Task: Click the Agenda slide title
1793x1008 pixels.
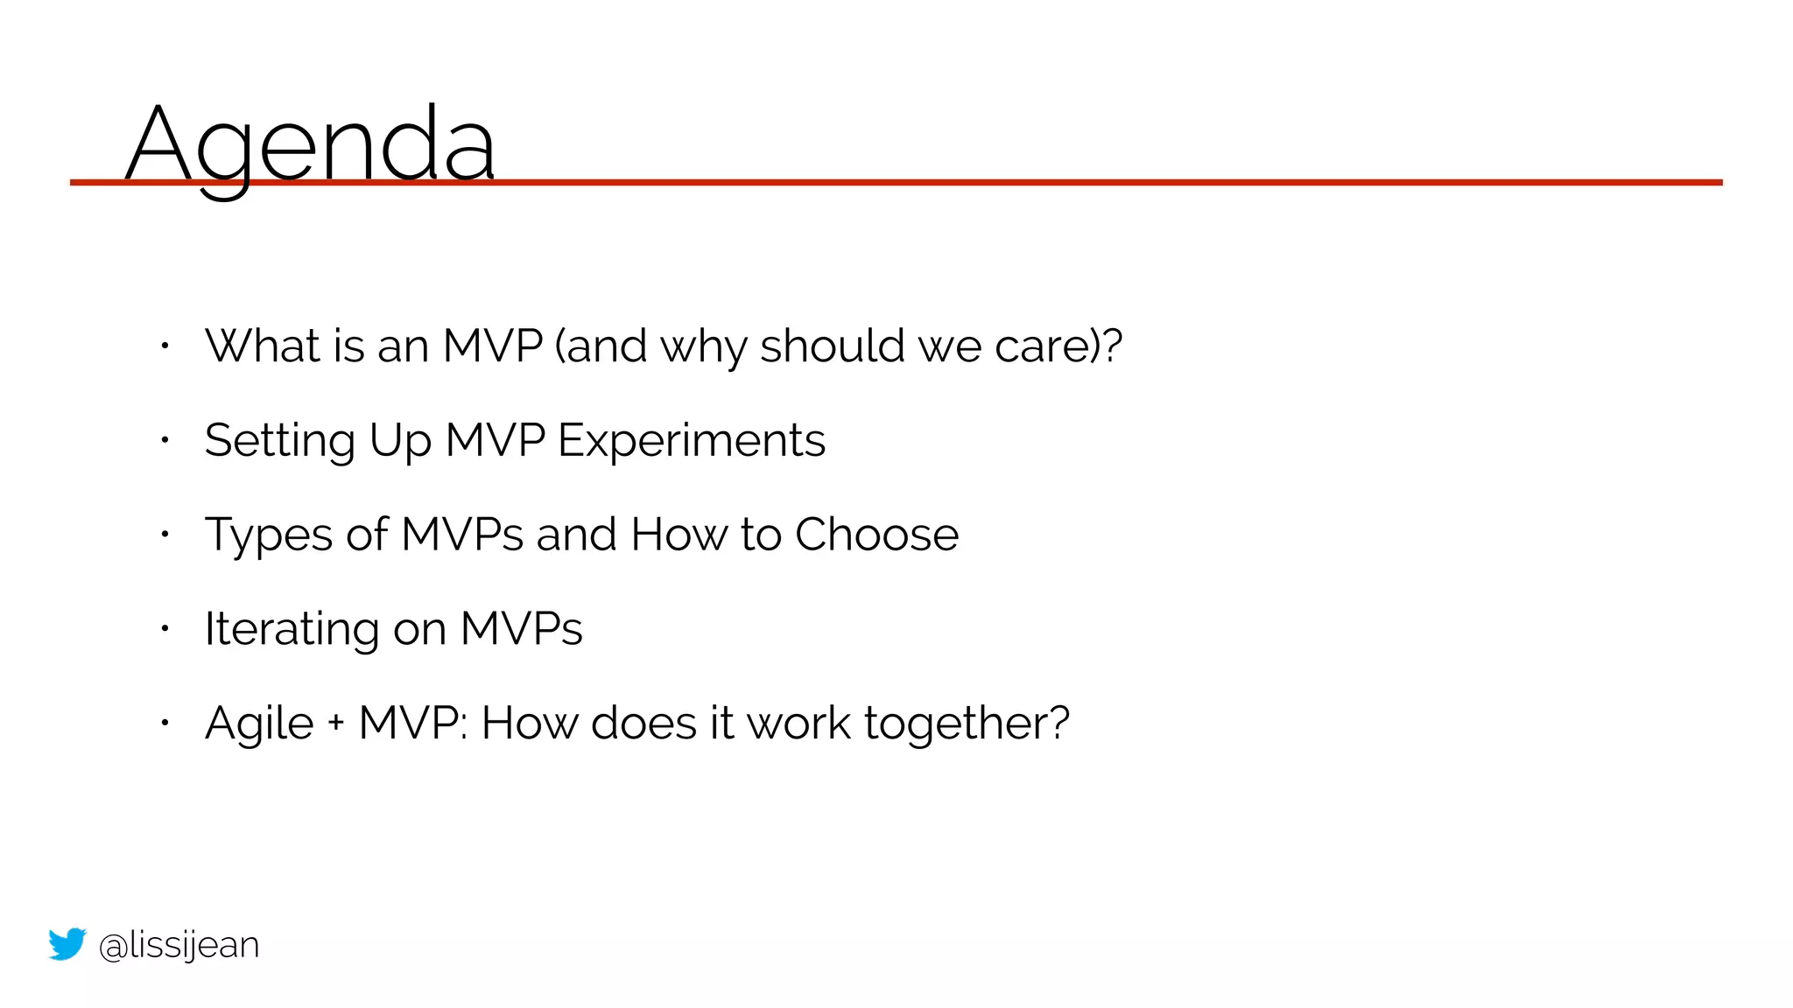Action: [x=311, y=144]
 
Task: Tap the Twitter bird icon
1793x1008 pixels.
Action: [x=67, y=944]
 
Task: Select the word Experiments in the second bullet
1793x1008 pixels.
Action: [x=692, y=440]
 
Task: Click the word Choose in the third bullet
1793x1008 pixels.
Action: [x=876, y=535]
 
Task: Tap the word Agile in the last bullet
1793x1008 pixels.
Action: [x=259, y=724]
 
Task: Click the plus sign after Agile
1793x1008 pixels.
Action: [x=336, y=724]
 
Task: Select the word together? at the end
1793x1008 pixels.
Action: [x=967, y=724]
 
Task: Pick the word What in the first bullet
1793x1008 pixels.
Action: [x=262, y=346]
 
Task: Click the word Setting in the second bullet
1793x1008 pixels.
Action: [x=279, y=440]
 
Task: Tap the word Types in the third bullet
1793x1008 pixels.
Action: [x=268, y=535]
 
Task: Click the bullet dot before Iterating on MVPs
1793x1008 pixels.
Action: [x=165, y=628]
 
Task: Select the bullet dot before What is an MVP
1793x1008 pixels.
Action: [x=165, y=346]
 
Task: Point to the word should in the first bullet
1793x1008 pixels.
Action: [x=832, y=346]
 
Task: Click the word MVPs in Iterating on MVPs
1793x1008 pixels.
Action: [x=521, y=629]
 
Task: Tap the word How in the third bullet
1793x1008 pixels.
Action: [x=679, y=535]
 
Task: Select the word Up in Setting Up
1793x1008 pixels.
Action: [x=400, y=440]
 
